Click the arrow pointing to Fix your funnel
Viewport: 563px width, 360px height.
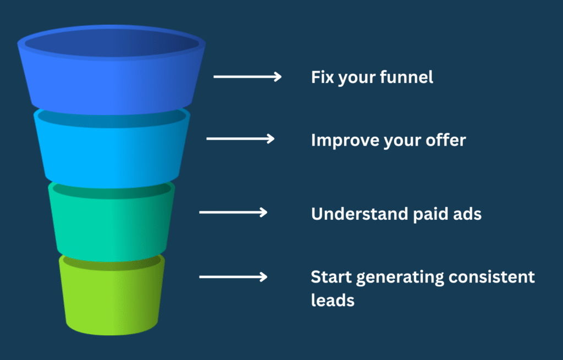pyautogui.click(x=247, y=77)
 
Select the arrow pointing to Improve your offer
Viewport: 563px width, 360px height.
pyautogui.click(x=240, y=139)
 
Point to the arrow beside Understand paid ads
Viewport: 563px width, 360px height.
pyautogui.click(x=233, y=212)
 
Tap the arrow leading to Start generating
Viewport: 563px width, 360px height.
pyautogui.click(x=233, y=276)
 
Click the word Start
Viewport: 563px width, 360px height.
pyautogui.click(x=330, y=276)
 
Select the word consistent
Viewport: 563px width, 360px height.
pyautogui.click(x=492, y=276)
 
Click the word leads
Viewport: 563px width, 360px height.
pyautogui.click(x=332, y=300)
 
